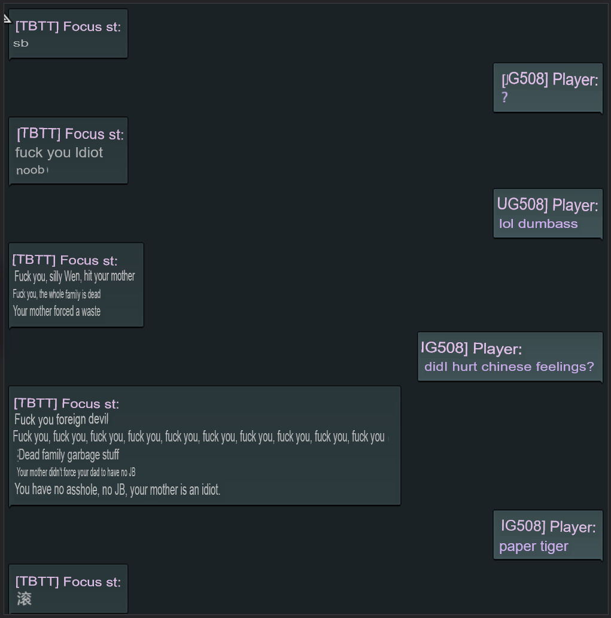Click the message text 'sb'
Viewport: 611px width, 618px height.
[21, 44]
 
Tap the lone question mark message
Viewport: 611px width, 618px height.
[505, 98]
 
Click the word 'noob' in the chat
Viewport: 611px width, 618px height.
[31, 171]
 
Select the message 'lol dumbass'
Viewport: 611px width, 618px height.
[538, 224]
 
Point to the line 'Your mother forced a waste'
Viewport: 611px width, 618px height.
[57, 311]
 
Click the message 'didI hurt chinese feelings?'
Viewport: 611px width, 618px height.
[509, 367]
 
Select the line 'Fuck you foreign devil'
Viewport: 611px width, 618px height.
[61, 419]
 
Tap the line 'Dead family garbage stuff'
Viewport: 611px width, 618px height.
[69, 455]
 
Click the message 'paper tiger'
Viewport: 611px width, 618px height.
[533, 546]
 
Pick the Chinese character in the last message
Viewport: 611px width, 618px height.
[24, 599]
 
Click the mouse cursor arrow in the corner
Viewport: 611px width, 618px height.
[7, 18]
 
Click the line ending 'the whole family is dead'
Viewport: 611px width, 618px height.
[57, 294]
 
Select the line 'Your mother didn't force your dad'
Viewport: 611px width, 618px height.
[76, 473]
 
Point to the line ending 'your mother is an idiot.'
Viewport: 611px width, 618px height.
[117, 490]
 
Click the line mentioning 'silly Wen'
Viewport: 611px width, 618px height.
[75, 276]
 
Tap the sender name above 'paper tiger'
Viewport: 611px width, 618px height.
[548, 526]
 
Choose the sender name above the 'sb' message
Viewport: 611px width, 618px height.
[68, 26]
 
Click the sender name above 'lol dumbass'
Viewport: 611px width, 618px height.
[548, 205]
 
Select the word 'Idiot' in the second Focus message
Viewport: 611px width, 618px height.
[89, 153]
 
